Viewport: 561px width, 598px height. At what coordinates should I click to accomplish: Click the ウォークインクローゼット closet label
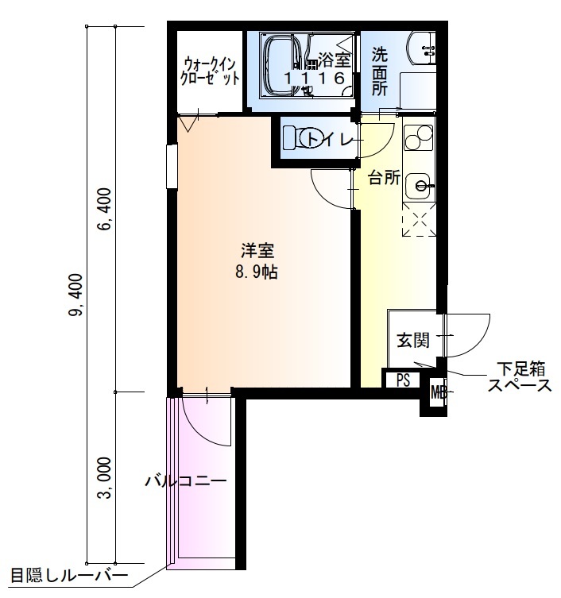[x=210, y=70]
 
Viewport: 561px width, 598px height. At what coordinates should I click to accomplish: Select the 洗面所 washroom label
[x=381, y=72]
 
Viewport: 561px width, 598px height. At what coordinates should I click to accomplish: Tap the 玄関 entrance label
[x=413, y=341]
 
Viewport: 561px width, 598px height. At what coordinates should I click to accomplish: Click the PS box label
[x=403, y=380]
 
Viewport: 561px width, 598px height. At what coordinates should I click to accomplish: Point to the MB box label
[x=437, y=392]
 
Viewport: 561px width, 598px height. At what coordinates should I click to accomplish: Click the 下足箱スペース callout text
[x=520, y=377]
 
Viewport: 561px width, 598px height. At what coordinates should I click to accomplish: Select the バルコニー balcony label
[x=186, y=481]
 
